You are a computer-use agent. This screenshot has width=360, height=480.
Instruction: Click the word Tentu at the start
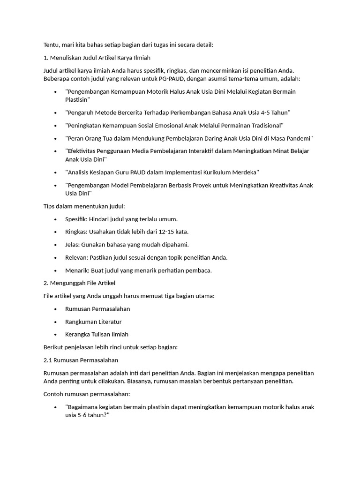(x=52, y=45)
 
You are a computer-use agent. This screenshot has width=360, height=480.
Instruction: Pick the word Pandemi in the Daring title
(x=297, y=138)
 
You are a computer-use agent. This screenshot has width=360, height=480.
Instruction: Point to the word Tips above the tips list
(x=50, y=206)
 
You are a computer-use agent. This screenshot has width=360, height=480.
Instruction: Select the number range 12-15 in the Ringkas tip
(x=163, y=232)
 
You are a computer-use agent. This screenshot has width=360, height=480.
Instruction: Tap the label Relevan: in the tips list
(x=77, y=257)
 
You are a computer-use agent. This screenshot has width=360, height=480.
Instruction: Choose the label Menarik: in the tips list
(x=77, y=270)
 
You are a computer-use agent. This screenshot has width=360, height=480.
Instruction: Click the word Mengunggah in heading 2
(x=67, y=283)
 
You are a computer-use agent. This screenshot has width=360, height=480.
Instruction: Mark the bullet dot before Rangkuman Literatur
(x=55, y=322)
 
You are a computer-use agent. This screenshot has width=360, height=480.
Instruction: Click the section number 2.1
(x=48, y=360)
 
